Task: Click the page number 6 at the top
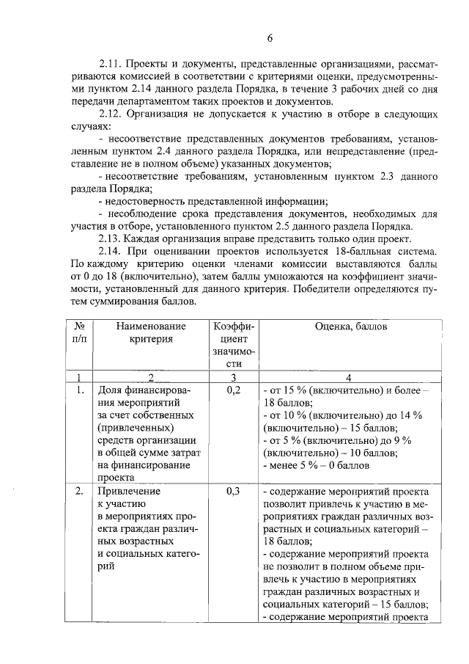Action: click(x=269, y=38)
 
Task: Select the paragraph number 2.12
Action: click(x=111, y=114)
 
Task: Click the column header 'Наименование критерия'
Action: click(x=148, y=332)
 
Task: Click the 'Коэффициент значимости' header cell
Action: click(x=233, y=344)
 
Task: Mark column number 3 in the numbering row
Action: click(x=233, y=377)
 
